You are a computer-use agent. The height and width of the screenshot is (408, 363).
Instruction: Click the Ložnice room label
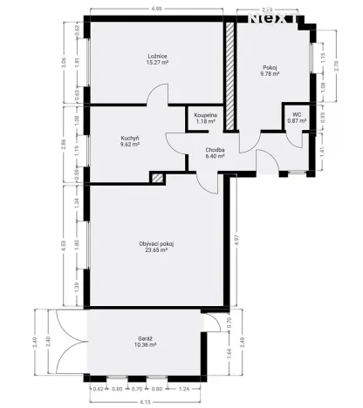tap(157, 57)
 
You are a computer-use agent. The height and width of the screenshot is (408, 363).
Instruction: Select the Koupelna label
tap(206, 114)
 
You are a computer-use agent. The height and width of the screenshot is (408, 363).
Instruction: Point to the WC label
tap(297, 114)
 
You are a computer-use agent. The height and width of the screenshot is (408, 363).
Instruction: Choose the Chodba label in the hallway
tap(216, 150)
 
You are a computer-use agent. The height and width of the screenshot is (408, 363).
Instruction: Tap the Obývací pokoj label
tap(157, 243)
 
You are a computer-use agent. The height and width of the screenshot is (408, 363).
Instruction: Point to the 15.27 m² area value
tap(157, 64)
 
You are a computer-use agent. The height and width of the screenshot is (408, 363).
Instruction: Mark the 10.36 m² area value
tap(146, 346)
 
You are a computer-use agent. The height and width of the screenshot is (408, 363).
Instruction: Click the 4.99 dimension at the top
tap(155, 9)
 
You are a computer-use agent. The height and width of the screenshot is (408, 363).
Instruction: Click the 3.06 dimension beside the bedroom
tap(63, 62)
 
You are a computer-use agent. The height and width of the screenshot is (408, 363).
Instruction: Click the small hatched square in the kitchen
tap(157, 178)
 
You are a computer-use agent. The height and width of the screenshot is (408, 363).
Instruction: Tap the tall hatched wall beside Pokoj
tap(230, 77)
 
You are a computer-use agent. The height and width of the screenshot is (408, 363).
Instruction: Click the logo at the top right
tap(275, 15)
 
